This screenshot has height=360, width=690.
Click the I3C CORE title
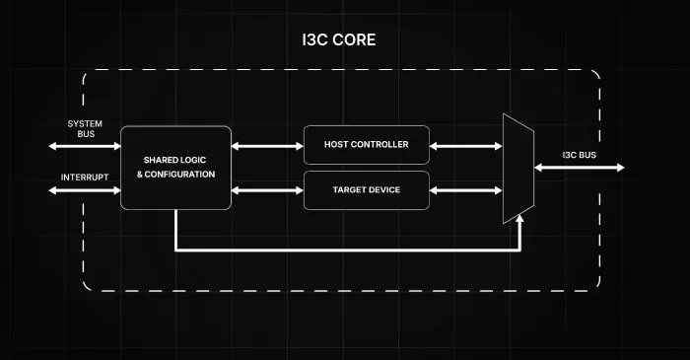(339, 39)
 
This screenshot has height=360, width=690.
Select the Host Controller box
(366, 145)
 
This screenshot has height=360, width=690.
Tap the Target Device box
(366, 190)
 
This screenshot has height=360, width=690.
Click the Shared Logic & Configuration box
(175, 168)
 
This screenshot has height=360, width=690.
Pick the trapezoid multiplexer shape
(518, 169)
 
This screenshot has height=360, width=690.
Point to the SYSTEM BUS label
(85, 129)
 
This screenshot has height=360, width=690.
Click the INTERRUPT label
(85, 178)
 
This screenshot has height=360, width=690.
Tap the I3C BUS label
(580, 155)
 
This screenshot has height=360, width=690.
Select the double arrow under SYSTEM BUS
(85, 146)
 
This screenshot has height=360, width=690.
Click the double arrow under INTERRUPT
(85, 190)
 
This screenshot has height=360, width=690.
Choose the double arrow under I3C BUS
(580, 168)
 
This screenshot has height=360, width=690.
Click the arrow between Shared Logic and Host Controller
(267, 146)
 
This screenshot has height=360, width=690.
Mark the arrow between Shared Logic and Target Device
(267, 190)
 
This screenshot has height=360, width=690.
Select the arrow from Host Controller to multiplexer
(465, 146)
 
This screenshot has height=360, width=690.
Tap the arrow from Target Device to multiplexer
(465, 190)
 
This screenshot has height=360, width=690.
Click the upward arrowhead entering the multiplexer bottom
(519, 218)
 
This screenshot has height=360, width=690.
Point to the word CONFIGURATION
(179, 175)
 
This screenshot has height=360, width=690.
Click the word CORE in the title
(354, 39)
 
